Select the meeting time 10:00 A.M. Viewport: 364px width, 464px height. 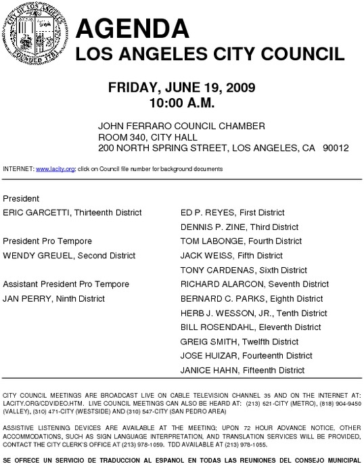pyautogui.click(x=181, y=103)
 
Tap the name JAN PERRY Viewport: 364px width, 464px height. pyautogui.click(x=26, y=298)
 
